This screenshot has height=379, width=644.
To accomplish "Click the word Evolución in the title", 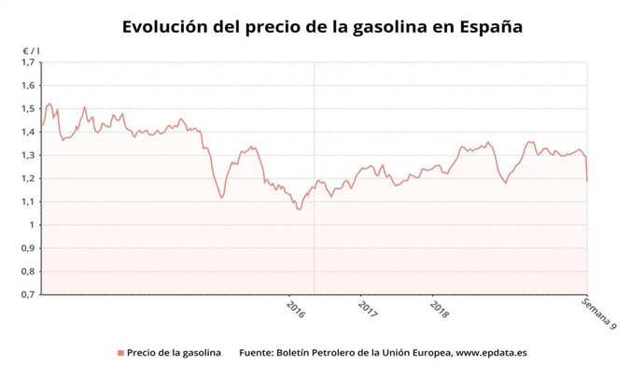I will [x=167, y=27].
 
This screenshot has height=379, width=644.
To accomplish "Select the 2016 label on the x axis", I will [x=296, y=309].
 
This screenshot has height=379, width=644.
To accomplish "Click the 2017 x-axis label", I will [x=368, y=309].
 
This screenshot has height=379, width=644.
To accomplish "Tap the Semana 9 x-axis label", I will [x=598, y=314].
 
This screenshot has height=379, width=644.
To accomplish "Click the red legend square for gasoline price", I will [x=120, y=353].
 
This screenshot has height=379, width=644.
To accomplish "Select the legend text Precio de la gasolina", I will [x=175, y=353].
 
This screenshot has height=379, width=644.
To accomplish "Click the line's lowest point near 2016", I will [x=299, y=209].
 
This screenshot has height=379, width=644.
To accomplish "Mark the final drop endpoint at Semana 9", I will [x=587, y=180].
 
